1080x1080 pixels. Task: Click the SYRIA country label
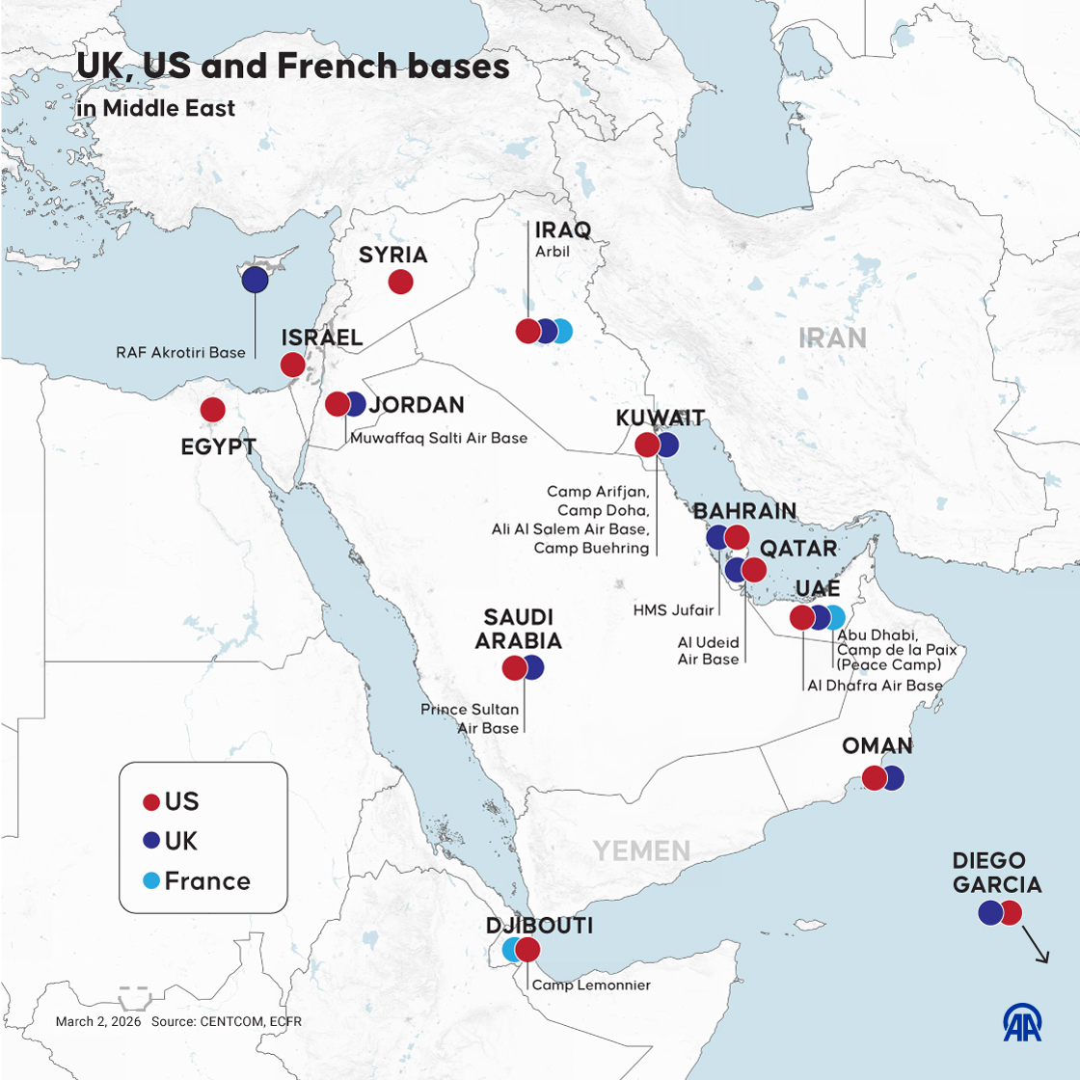[392, 255]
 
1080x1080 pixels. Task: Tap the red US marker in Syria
[401, 282]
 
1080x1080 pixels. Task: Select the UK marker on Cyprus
[255, 280]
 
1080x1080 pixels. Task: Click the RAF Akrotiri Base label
[181, 353]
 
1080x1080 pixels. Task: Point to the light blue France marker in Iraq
[562, 332]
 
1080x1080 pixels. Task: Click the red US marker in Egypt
[213, 410]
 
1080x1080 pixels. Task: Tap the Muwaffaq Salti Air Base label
[439, 438]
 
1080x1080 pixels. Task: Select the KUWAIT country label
[661, 418]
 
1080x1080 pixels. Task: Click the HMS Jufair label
[674, 610]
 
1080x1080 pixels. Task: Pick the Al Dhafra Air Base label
[875, 686]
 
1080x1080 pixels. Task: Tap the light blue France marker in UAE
[835, 618]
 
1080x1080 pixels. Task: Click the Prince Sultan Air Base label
[471, 718]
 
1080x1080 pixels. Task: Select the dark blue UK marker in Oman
[893, 778]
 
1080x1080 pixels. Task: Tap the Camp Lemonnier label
[591, 985]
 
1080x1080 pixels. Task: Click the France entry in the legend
[206, 881]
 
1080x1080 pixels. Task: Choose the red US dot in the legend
[151, 802]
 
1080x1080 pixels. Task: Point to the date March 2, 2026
[98, 1021]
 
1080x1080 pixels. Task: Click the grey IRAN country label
[832, 337]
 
